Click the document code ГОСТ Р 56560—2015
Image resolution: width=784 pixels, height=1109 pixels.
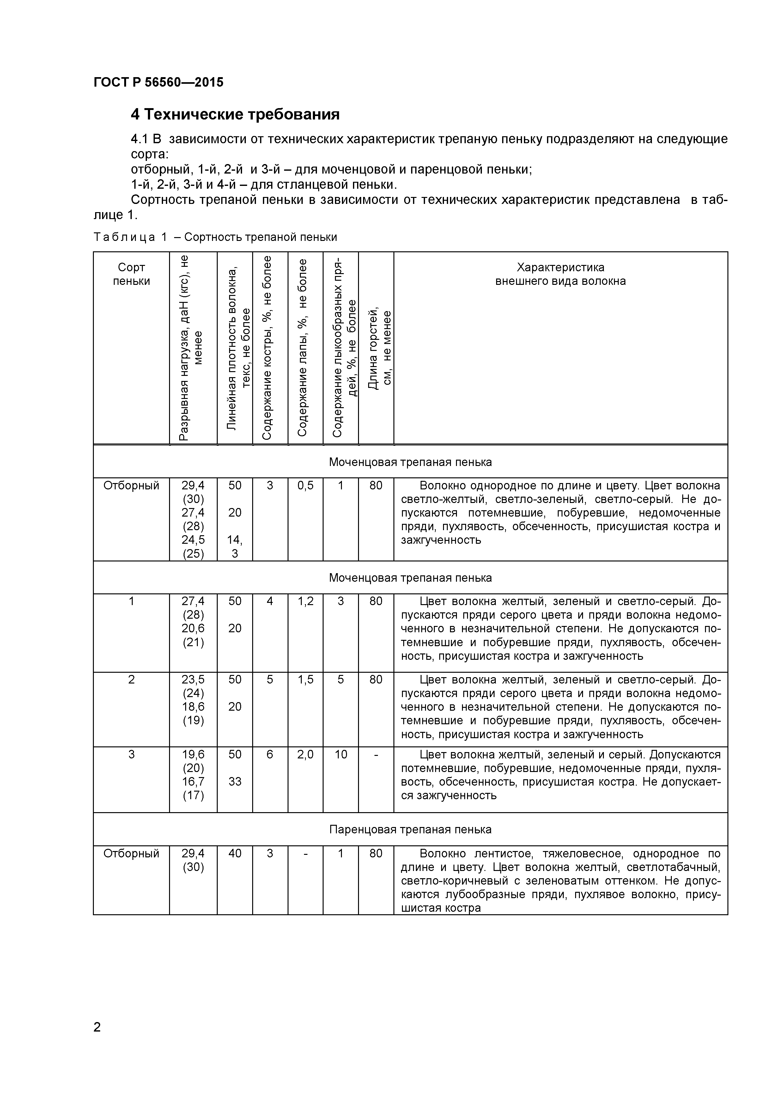pos(158,83)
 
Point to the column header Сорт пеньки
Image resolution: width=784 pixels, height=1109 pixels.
pos(131,274)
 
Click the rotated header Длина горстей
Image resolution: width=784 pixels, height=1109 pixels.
pos(380,348)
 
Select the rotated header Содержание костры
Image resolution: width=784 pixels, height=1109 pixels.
pos(267,348)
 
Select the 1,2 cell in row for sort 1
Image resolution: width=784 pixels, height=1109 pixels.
pos(305,601)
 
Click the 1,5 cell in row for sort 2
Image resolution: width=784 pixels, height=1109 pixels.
pos(305,680)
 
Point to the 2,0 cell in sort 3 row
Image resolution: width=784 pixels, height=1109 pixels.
pos(305,755)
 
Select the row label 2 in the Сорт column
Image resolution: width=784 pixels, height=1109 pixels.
pos(131,680)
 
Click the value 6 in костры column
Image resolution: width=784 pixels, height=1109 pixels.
pos(270,755)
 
